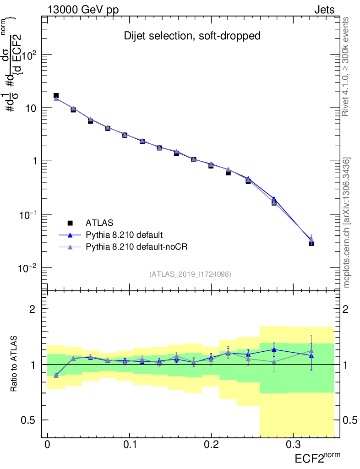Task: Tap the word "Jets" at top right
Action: point(324,10)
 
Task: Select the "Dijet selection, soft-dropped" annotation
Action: point(192,36)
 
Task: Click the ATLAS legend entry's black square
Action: point(71,223)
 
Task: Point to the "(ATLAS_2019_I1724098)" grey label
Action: point(190,274)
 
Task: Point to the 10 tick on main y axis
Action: point(30,108)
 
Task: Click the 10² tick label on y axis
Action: point(28,55)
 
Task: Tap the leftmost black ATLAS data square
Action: point(56,96)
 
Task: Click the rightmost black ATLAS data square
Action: point(311,243)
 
